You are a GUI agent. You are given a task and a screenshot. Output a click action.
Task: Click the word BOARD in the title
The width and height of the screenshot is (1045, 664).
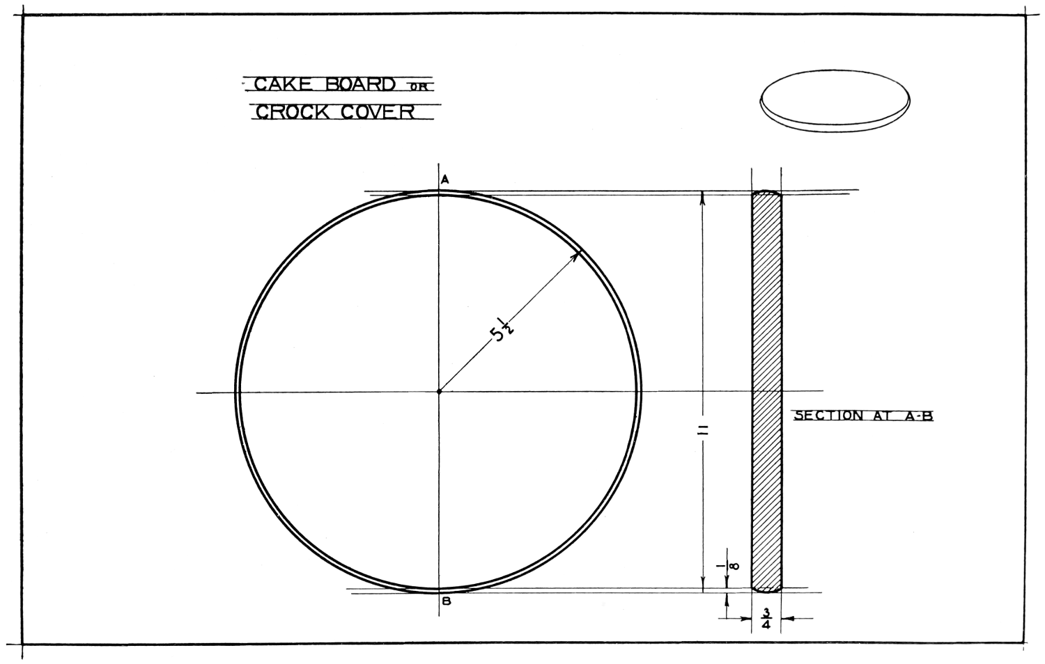[x=360, y=84]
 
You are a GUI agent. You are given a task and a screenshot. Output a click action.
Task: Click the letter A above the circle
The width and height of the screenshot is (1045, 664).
[x=445, y=180]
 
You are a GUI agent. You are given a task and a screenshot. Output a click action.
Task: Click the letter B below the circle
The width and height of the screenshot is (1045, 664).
[x=447, y=601]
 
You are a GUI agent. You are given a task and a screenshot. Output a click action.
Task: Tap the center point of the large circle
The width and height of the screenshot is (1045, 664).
[x=439, y=391]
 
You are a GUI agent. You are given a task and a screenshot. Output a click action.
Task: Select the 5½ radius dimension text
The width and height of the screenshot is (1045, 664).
[x=501, y=331]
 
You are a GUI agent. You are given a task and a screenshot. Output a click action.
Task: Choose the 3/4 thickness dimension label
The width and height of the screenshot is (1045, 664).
[x=766, y=618]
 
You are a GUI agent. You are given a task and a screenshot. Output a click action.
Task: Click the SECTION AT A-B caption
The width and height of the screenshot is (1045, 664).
[x=864, y=416]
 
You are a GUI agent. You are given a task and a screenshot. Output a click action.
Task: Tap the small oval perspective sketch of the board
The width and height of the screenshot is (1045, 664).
[x=835, y=101]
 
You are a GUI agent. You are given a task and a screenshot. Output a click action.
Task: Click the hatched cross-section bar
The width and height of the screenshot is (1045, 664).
[x=766, y=391]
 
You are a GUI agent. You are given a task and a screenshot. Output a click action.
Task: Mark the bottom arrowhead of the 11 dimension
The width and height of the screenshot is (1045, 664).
[x=703, y=587]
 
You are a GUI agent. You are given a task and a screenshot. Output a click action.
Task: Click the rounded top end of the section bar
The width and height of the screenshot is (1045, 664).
[x=766, y=192]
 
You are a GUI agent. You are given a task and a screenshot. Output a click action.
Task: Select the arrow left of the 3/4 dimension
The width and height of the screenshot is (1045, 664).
[x=735, y=618]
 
